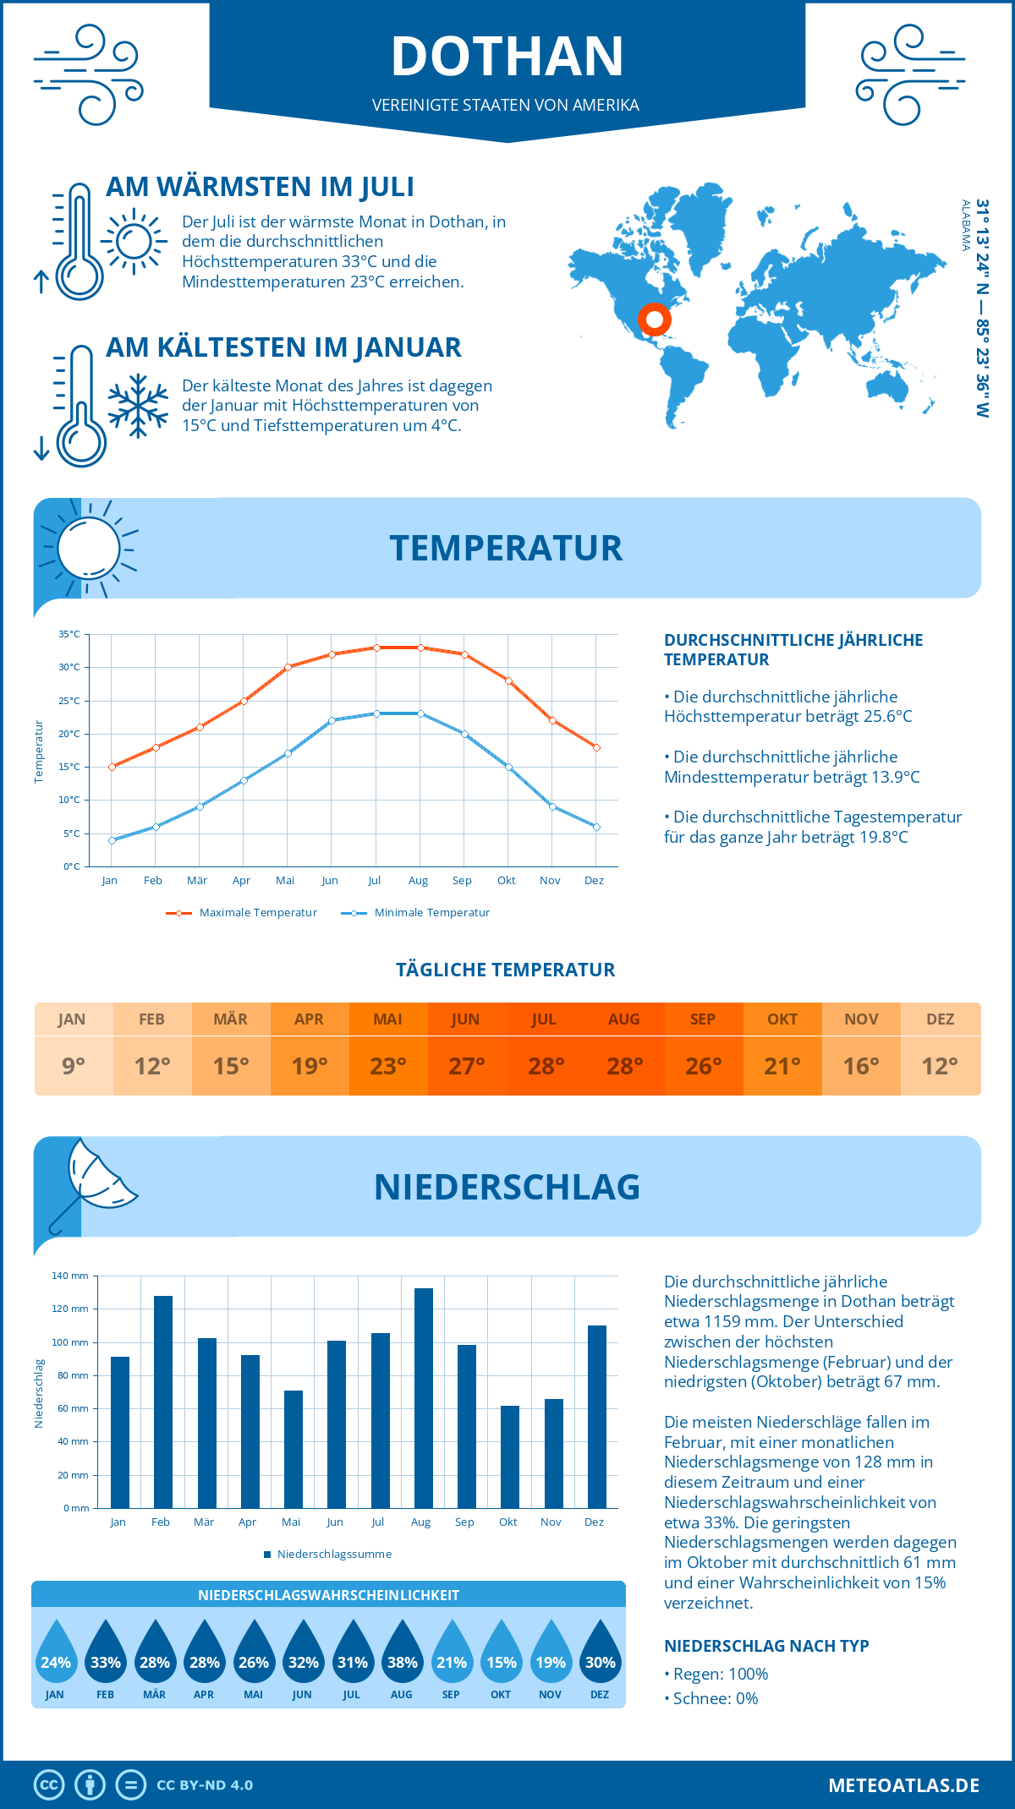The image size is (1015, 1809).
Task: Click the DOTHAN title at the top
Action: point(507,57)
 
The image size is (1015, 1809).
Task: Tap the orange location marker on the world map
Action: point(654,320)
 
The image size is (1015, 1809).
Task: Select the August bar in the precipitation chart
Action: point(423,1397)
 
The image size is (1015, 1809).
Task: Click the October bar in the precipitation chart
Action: point(509,1456)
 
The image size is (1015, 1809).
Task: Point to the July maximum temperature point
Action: point(376,648)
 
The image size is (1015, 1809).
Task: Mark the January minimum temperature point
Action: point(112,840)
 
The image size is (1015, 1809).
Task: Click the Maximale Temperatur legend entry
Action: point(242,913)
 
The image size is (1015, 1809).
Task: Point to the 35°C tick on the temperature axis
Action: point(69,634)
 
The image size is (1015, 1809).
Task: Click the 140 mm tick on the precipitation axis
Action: point(70,1276)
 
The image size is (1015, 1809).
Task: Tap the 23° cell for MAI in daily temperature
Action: point(388,1066)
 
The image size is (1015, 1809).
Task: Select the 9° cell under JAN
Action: point(74,1066)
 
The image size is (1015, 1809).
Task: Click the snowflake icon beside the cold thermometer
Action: point(138,406)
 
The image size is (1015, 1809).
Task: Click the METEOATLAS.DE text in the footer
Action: point(903,1785)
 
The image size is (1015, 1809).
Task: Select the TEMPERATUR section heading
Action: point(506,548)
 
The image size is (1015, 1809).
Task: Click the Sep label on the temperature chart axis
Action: point(462,881)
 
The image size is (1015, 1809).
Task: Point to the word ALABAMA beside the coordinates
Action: point(965,225)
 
